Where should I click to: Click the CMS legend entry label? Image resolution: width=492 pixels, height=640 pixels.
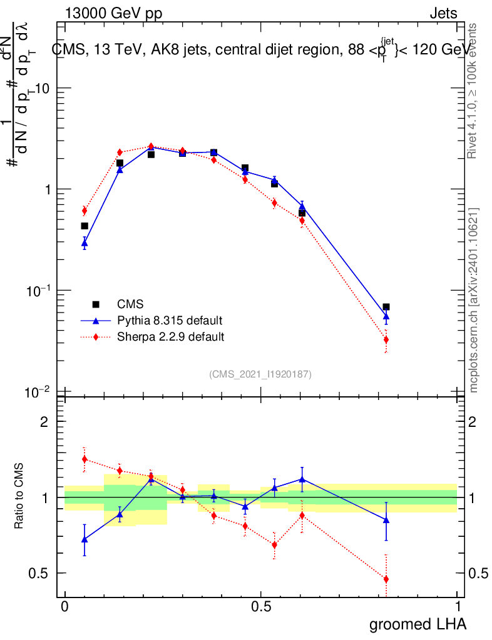(x=131, y=304)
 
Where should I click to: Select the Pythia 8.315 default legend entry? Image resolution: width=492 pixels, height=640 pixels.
(x=169, y=321)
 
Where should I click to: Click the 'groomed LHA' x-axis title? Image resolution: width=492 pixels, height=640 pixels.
(x=418, y=624)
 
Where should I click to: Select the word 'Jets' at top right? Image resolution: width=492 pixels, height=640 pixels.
(x=443, y=14)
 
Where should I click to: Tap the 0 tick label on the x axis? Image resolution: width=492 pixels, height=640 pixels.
(x=64, y=607)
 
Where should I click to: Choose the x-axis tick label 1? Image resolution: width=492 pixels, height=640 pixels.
(x=457, y=607)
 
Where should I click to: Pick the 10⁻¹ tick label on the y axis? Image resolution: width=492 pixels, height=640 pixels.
(x=39, y=291)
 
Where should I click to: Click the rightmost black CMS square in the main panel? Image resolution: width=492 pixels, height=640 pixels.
(x=386, y=307)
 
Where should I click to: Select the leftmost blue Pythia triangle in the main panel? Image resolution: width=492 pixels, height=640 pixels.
(x=85, y=243)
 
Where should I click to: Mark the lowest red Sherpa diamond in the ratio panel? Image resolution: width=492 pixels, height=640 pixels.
(x=386, y=579)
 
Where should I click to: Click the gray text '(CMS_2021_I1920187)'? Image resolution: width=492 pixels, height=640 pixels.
(x=260, y=374)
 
